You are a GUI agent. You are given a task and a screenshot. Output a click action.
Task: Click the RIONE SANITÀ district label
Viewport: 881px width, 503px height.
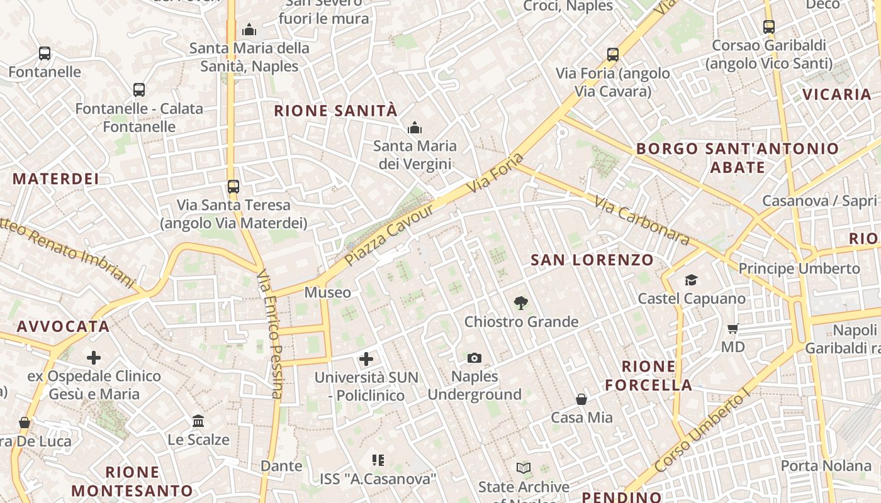point(336,111)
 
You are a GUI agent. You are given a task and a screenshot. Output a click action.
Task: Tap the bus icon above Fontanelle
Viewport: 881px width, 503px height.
point(44,53)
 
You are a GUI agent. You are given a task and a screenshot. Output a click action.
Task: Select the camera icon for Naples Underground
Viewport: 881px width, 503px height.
point(474,358)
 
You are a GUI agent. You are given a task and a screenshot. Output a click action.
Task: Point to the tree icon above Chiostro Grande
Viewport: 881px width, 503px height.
point(520,303)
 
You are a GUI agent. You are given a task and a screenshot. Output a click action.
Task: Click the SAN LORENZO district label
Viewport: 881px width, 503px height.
point(592,260)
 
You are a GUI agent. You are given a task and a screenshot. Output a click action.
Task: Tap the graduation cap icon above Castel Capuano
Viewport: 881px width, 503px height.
point(691,280)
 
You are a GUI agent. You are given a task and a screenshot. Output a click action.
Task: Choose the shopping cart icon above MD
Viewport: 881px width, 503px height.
point(732,328)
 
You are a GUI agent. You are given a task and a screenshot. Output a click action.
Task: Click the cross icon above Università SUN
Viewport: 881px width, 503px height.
point(366,359)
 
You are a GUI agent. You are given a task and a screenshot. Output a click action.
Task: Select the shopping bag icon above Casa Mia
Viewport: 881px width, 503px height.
point(581,399)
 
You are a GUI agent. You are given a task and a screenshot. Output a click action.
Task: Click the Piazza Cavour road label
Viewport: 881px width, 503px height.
point(391,233)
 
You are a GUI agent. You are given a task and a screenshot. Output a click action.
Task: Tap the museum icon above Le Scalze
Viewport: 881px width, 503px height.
point(198,421)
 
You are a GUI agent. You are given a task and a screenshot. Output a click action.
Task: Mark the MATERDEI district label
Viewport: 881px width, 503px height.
point(56,179)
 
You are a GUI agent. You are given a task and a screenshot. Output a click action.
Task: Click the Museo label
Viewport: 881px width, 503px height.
point(328,292)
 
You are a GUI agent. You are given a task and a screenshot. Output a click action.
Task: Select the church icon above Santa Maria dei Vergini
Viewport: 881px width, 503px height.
point(414,128)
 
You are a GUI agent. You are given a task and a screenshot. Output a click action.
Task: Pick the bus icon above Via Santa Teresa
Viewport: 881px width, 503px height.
point(233,187)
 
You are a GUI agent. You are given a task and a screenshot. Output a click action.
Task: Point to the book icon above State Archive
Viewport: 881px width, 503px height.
point(524,468)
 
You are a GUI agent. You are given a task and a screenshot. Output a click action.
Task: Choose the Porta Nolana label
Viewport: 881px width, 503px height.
point(826,466)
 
